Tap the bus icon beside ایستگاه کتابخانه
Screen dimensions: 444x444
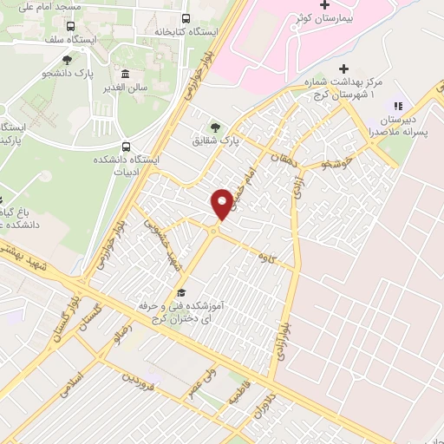[x=186, y=18]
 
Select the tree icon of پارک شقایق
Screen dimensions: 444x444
[x=216, y=126]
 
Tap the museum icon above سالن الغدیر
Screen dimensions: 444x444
[x=127, y=75]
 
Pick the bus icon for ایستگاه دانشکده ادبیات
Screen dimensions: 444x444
[x=127, y=147]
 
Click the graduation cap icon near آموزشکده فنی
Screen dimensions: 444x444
[x=181, y=293]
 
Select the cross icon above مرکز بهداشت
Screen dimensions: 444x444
[x=344, y=69]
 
